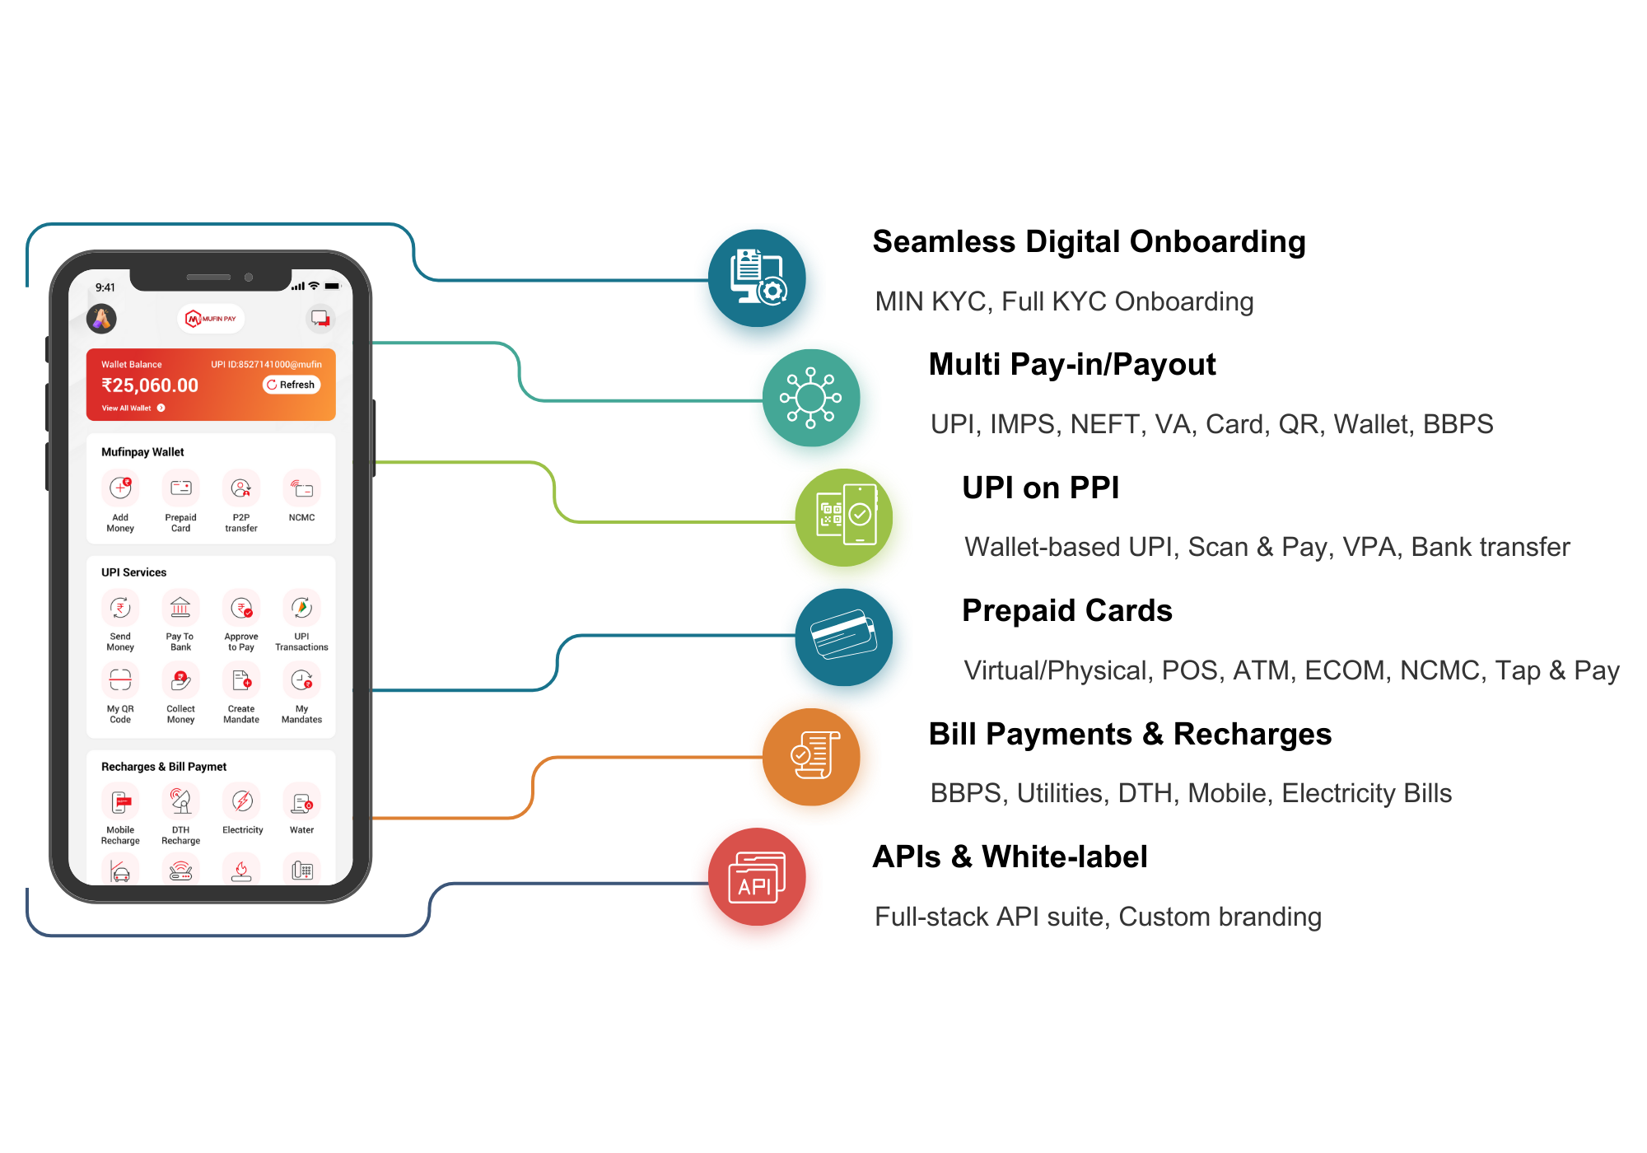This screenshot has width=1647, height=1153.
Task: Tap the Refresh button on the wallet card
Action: click(292, 385)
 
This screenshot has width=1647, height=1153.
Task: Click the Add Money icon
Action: click(120, 488)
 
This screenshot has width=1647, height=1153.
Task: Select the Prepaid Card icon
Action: click(180, 488)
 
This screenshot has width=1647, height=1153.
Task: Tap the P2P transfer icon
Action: click(241, 488)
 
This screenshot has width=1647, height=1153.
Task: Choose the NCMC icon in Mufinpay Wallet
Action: click(302, 488)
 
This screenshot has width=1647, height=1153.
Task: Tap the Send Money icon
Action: click(120, 609)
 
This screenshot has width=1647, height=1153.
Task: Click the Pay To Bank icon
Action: click(180, 609)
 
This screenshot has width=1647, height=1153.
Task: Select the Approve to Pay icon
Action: click(241, 609)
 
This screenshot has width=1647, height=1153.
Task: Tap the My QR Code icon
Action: click(120, 680)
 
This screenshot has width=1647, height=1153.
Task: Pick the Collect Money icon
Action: click(180, 680)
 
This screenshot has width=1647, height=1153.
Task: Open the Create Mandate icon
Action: click(241, 680)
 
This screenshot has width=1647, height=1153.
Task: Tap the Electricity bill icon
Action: click(242, 801)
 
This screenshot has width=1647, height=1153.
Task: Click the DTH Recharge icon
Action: click(180, 801)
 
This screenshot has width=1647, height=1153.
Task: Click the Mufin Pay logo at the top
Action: click(211, 319)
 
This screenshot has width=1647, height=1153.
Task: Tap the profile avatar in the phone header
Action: click(102, 318)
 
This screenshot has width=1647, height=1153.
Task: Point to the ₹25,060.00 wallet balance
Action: click(150, 385)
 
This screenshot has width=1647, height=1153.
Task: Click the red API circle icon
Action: click(757, 884)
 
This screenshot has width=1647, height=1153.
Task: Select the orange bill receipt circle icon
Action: click(815, 758)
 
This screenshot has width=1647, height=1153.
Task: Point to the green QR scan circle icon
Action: click(847, 522)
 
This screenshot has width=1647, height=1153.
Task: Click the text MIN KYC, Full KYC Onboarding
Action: click(1064, 301)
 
